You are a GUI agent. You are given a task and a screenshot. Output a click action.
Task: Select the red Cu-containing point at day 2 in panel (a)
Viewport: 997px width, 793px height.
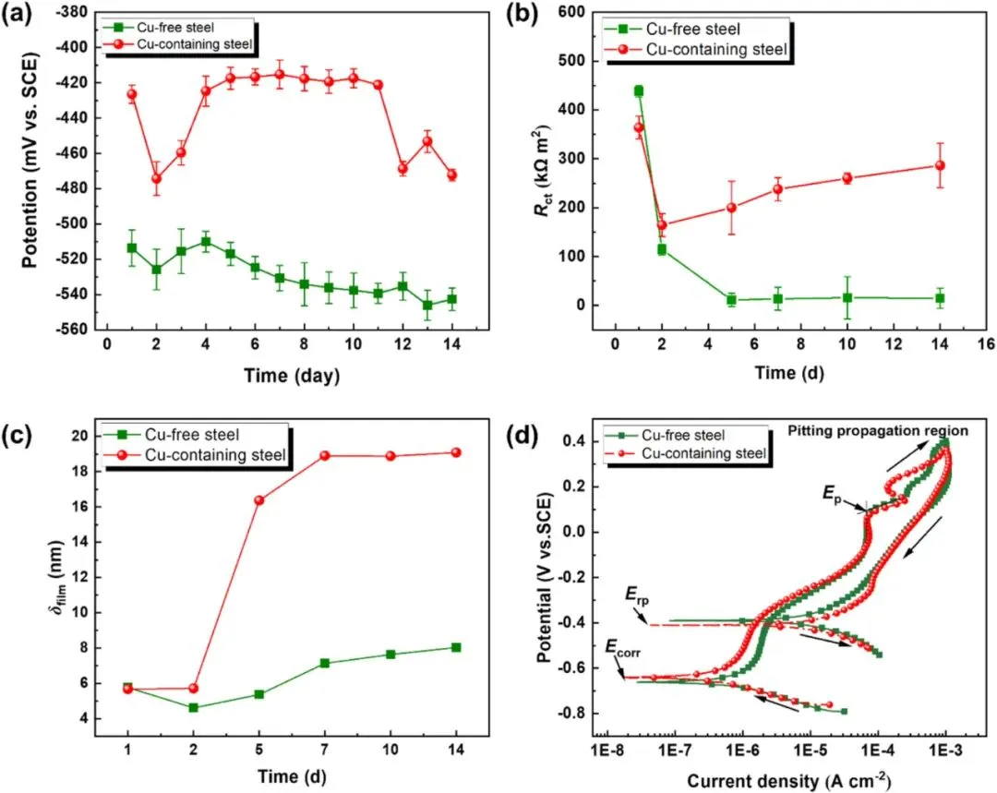click(156, 179)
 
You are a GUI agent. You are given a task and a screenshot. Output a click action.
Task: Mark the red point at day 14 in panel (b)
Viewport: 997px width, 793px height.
click(940, 166)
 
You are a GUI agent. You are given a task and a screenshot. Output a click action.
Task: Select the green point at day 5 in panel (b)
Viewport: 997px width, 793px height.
click(731, 300)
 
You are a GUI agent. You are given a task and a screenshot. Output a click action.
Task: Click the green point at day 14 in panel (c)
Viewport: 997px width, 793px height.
click(456, 647)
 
